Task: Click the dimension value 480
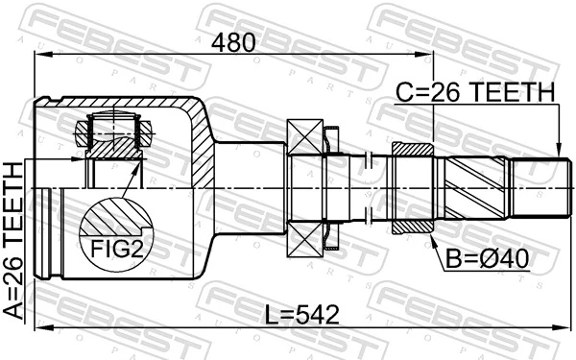(x=234, y=42)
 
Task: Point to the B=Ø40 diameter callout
(x=486, y=256)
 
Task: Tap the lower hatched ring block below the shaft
(x=415, y=225)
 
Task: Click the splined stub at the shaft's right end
(x=538, y=187)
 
